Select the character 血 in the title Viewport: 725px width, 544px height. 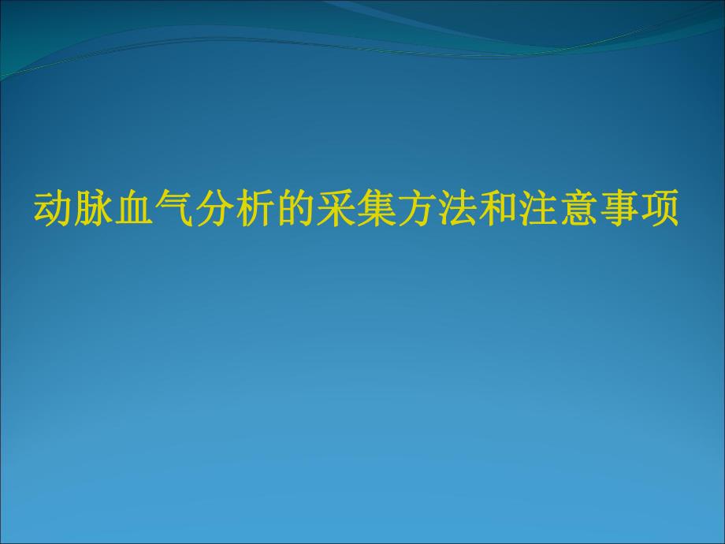132,210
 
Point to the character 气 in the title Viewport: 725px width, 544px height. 173,210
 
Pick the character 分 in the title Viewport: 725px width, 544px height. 214,210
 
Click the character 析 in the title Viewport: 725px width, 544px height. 254,210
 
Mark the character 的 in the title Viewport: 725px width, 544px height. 295,210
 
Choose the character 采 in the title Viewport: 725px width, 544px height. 335,210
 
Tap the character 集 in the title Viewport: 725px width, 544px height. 376,210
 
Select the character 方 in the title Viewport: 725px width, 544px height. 416,210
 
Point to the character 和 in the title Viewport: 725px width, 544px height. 497,210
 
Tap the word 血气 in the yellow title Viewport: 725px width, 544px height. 153,210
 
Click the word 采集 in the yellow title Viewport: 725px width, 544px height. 355,210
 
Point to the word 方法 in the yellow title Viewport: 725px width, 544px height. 437,210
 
